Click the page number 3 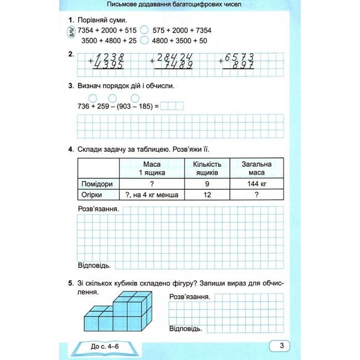(281, 346)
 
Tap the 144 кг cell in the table (256, 184)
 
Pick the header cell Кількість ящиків (207, 168)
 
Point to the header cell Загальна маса (256, 168)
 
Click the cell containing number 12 (207, 195)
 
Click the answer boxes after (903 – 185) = (172, 106)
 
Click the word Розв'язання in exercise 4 (97, 209)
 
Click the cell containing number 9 (207, 184)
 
